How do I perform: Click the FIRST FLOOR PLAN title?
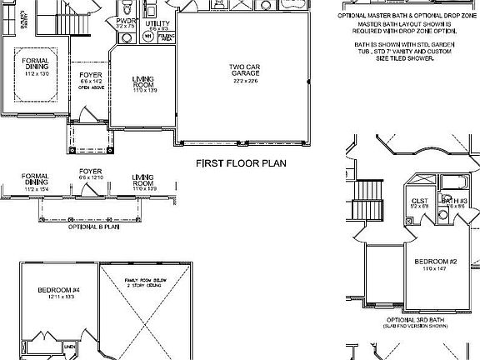pyautogui.click(x=241, y=164)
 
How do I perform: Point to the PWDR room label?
pyautogui.click(x=126, y=20)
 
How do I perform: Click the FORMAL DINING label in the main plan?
pyautogui.click(x=37, y=64)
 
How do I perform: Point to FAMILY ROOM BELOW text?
pyautogui.click(x=147, y=280)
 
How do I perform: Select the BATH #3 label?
pyautogui.click(x=453, y=201)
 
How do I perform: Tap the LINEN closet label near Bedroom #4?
pyautogui.click(x=70, y=346)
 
